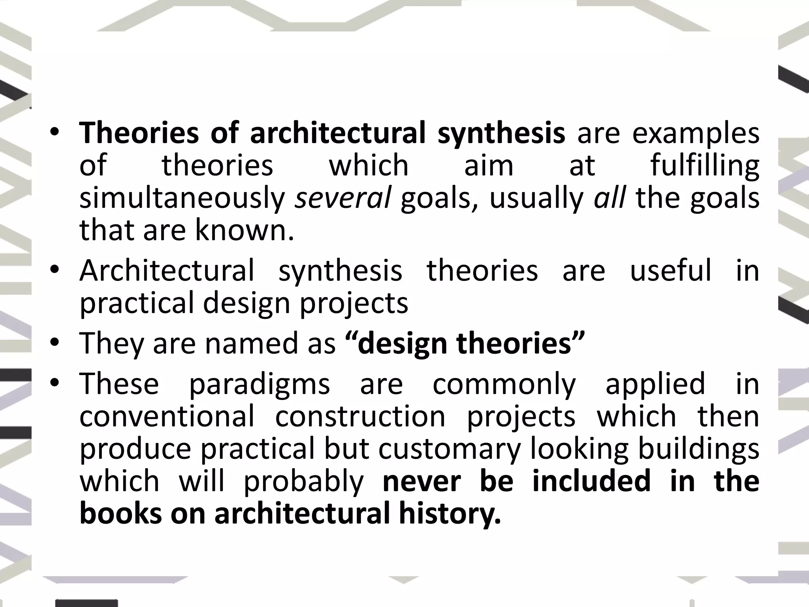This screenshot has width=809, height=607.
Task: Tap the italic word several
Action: (342, 198)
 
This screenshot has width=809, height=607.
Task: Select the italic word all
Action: (610, 198)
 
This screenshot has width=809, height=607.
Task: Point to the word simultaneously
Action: (182, 198)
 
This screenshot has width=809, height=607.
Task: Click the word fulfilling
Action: (705, 166)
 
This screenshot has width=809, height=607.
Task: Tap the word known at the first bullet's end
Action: (244, 230)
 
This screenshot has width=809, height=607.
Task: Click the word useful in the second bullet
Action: (670, 271)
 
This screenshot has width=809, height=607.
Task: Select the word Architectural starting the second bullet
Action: (167, 271)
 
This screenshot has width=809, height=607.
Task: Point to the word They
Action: (112, 344)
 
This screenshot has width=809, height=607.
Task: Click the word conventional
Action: (167, 417)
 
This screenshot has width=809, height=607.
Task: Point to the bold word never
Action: (422, 481)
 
